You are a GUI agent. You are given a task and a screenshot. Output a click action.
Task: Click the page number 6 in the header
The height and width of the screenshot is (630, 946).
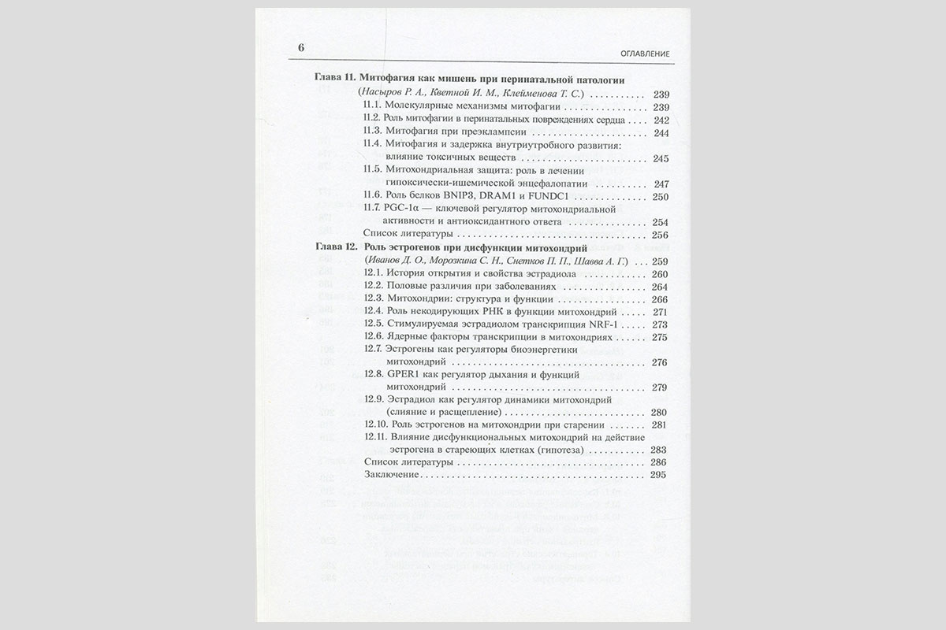[300, 46]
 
